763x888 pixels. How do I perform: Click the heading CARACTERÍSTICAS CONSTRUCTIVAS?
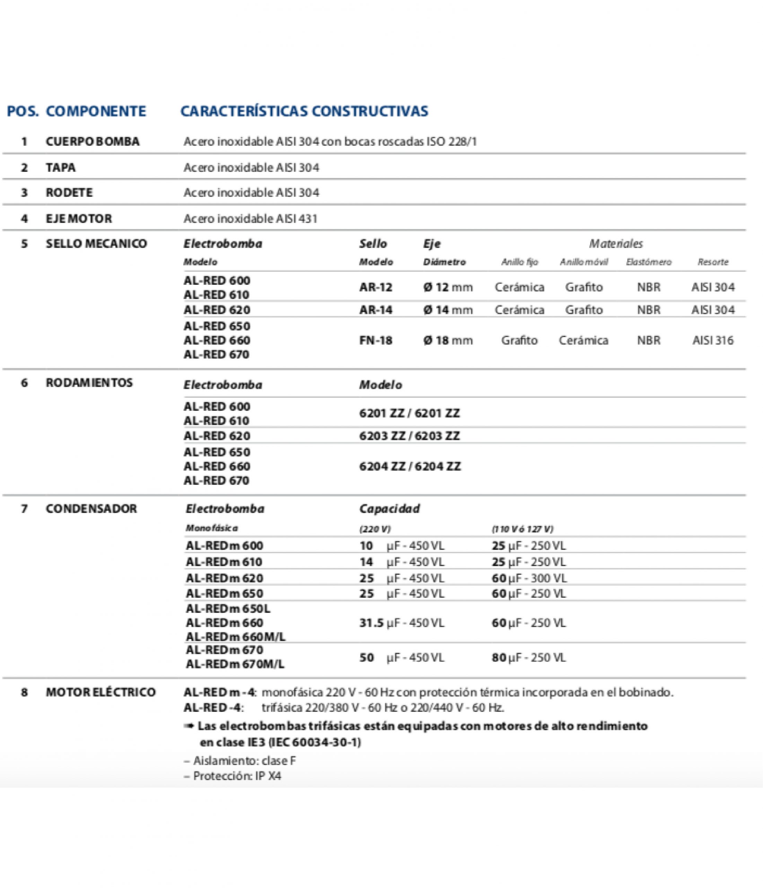pyautogui.click(x=304, y=111)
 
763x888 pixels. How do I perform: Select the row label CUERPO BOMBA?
pyautogui.click(x=93, y=142)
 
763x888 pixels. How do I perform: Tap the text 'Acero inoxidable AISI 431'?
pyautogui.click(x=251, y=219)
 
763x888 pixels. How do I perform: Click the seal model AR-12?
pyautogui.click(x=376, y=287)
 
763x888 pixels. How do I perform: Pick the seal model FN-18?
pyautogui.click(x=376, y=340)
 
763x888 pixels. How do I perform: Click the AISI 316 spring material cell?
pyautogui.click(x=713, y=340)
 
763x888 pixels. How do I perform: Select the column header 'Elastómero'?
pyautogui.click(x=648, y=262)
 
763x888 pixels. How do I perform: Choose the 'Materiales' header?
pyautogui.click(x=616, y=244)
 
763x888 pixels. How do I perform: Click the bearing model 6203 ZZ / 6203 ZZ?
pyautogui.click(x=409, y=436)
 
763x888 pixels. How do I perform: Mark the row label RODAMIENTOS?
pyautogui.click(x=89, y=382)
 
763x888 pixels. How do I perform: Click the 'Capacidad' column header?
pyautogui.click(x=389, y=509)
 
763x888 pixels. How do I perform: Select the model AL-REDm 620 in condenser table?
pyautogui.click(x=225, y=578)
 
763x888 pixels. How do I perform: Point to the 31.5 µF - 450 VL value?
pyautogui.click(x=402, y=623)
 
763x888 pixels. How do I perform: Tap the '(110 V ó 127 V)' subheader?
pyautogui.click(x=523, y=529)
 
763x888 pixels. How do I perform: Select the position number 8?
pyautogui.click(x=24, y=692)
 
